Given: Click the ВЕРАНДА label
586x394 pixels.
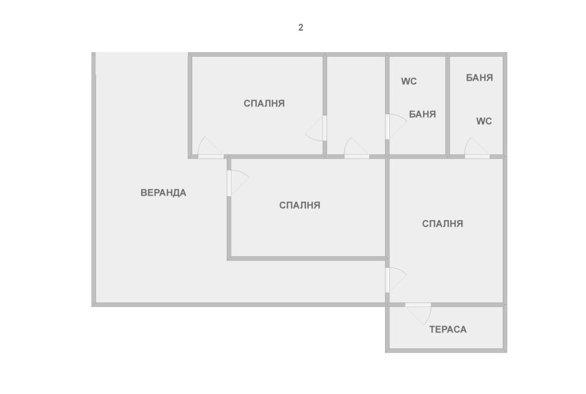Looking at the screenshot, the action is pos(163,193).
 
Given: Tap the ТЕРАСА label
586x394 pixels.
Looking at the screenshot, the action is pos(448,330).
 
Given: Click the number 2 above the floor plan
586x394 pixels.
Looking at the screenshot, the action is pos(301,28).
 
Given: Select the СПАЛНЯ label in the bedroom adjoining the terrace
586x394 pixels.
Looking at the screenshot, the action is pos(442,224).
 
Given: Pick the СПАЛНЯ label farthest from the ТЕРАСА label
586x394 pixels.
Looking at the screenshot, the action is pos(264,104).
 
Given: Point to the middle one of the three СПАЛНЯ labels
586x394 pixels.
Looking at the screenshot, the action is pos(299,205).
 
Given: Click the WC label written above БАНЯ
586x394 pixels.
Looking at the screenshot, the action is pos(409,81).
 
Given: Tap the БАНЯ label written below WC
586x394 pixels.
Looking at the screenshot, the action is pos(423,114).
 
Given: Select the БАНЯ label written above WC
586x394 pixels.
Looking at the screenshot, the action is pos(479,78).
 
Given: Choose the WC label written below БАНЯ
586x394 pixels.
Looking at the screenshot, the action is pos(484,121).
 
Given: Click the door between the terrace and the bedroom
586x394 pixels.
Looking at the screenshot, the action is pos(418,310).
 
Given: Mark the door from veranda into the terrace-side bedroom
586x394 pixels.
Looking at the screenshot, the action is pos(393,280).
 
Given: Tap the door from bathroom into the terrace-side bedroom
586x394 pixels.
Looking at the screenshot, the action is pos(477,151).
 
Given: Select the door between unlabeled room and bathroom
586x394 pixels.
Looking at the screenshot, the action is pos(393,126).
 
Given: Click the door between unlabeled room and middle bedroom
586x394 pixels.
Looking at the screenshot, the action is pos(356,151).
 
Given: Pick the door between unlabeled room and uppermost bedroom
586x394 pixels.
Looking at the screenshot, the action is pos(319,128).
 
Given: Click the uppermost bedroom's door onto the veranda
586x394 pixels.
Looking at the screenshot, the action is pos(211,151).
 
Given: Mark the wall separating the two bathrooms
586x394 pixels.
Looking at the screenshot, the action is pos(448,105).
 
